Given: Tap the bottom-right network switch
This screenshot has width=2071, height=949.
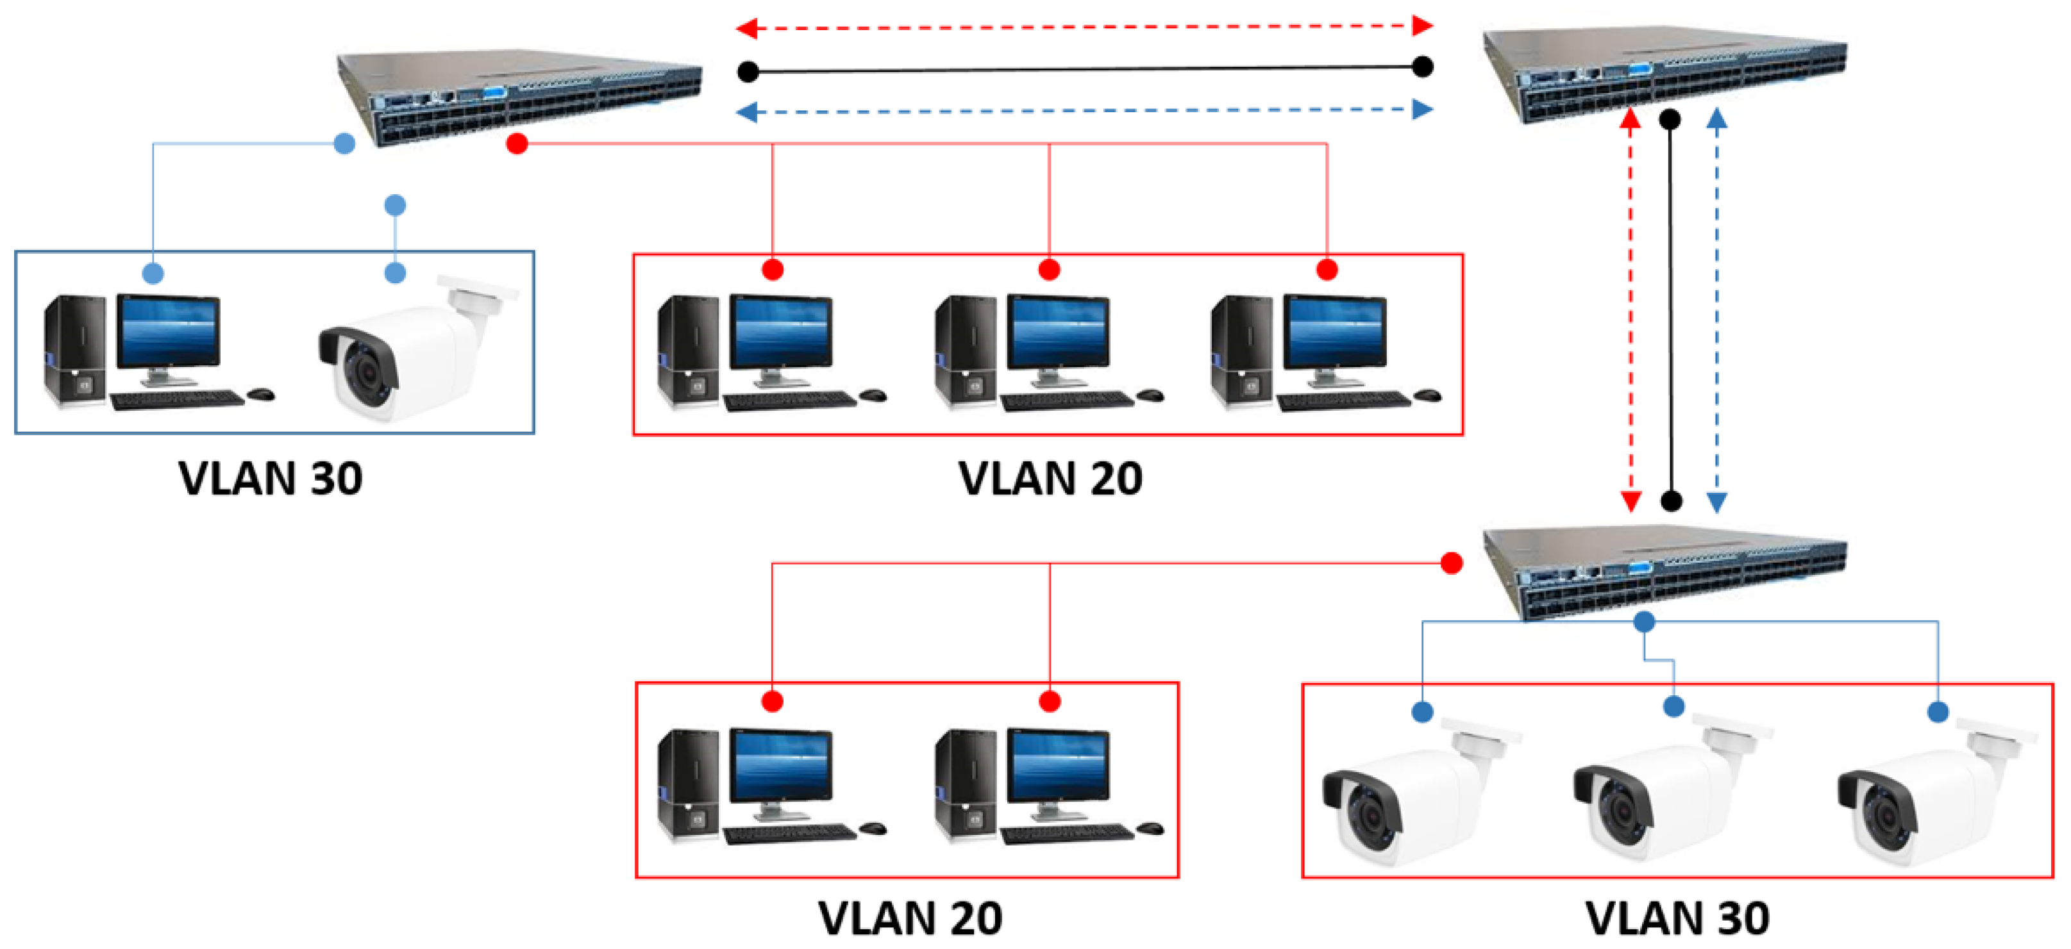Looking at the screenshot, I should (x=1664, y=572).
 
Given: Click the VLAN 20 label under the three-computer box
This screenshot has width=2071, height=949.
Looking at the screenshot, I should (x=1050, y=479).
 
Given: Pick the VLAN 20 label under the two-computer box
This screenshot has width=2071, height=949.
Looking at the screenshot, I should (x=910, y=918).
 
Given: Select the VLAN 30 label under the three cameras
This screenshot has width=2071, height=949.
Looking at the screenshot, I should (x=1677, y=918).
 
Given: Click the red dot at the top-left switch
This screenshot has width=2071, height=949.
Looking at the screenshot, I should (x=517, y=144).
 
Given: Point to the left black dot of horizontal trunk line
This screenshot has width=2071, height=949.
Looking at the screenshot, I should (x=748, y=72).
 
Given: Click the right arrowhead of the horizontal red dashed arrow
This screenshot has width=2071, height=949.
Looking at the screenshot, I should (x=1422, y=26).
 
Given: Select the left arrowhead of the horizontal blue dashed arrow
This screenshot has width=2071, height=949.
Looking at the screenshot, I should (x=747, y=113).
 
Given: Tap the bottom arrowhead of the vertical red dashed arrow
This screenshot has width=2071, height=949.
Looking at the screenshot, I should (x=1631, y=502).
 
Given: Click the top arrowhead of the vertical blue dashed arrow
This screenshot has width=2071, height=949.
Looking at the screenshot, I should (x=1716, y=119).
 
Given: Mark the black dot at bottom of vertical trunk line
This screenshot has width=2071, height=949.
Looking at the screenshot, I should (x=1672, y=502).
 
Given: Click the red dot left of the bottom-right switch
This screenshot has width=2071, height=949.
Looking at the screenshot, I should (x=1451, y=563).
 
